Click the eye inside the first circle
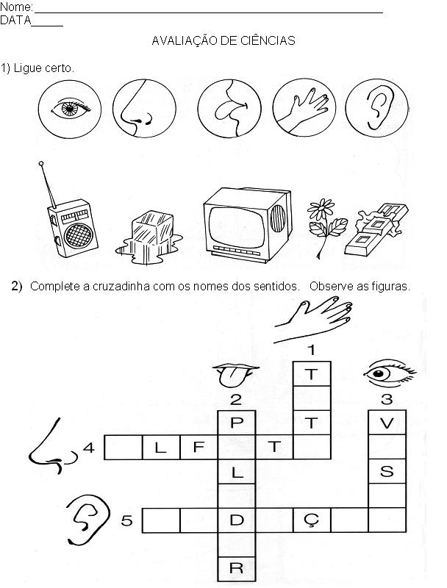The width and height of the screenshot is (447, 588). [x=71, y=108]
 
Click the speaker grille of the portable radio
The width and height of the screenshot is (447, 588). [x=78, y=236]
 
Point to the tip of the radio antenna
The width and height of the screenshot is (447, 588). [x=41, y=163]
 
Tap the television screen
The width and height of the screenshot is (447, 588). [x=236, y=227]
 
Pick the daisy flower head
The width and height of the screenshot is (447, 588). [x=321, y=209]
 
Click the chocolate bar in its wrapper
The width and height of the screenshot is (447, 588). [x=376, y=230]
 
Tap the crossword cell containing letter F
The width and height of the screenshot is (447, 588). [x=199, y=447]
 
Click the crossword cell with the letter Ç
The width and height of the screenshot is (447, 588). [x=312, y=520]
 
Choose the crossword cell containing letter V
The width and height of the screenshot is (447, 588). [x=387, y=423]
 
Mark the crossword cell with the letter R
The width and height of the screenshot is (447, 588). [x=237, y=569]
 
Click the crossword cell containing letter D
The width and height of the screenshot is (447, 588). [x=237, y=520]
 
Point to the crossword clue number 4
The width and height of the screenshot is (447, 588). [x=89, y=448]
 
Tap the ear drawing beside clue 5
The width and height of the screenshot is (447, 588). [x=88, y=520]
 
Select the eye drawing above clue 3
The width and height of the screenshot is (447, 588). [x=388, y=373]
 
